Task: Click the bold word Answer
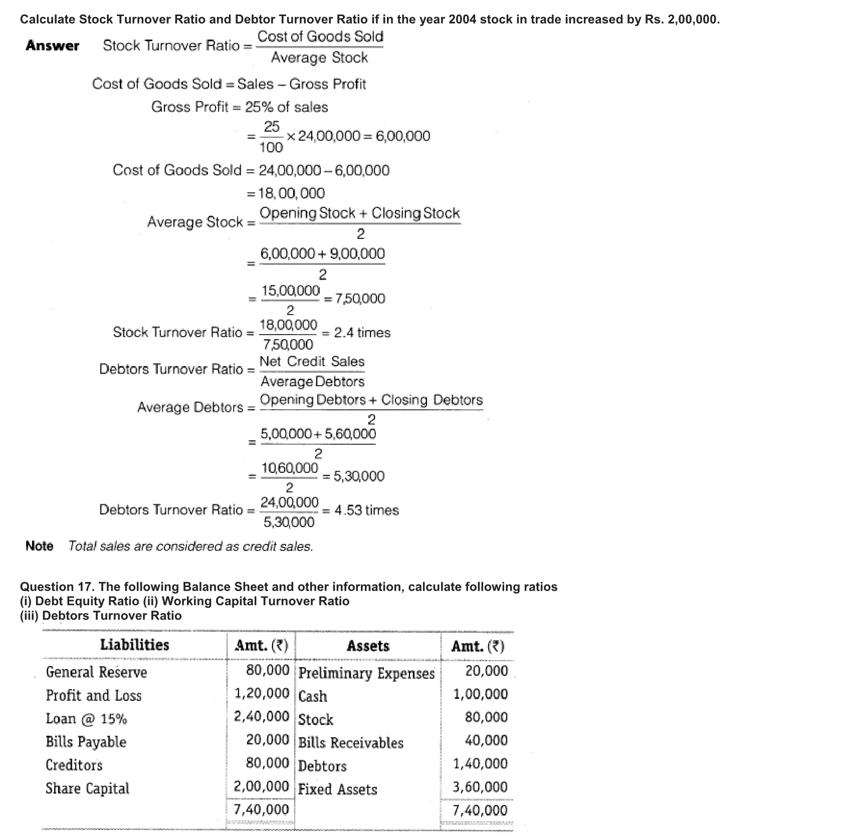53,46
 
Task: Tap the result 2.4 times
362,333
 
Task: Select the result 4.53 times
367,510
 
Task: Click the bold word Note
39,546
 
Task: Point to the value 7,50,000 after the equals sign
360,299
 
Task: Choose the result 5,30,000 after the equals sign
359,476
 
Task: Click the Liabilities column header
135,645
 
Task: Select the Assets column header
368,646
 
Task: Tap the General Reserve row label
97,672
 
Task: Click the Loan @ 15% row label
86,719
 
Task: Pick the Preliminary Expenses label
367,673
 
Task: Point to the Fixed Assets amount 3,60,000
480,787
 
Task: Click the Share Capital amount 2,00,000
262,786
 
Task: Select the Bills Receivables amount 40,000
486,740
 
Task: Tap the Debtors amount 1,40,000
480,764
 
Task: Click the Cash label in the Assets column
313,696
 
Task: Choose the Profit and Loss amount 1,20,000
262,693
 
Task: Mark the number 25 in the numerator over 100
272,127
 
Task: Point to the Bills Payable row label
86,742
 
